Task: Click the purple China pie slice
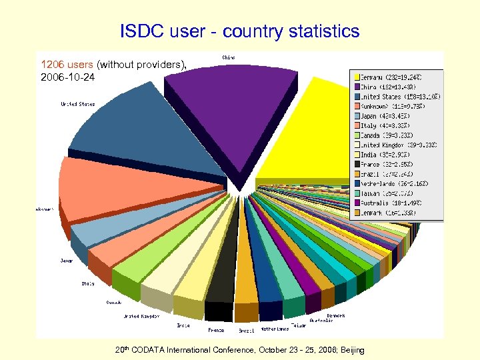[x=230, y=113]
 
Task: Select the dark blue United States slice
[x=153, y=133]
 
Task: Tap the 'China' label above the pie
[x=228, y=57]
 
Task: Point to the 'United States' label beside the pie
[x=77, y=104]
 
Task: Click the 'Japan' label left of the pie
[x=67, y=261]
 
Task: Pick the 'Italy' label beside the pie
[x=88, y=283]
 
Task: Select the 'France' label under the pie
[x=216, y=329]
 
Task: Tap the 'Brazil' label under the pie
[x=247, y=330]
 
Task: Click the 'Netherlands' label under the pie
[x=275, y=329]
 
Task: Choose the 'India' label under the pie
[x=183, y=325]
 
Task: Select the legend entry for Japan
[x=386, y=115]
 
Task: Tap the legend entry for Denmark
[x=389, y=213]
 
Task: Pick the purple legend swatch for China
[x=357, y=87]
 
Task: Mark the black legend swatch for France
[x=357, y=164]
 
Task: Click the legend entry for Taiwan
[x=388, y=193]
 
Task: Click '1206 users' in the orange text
[x=67, y=65]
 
